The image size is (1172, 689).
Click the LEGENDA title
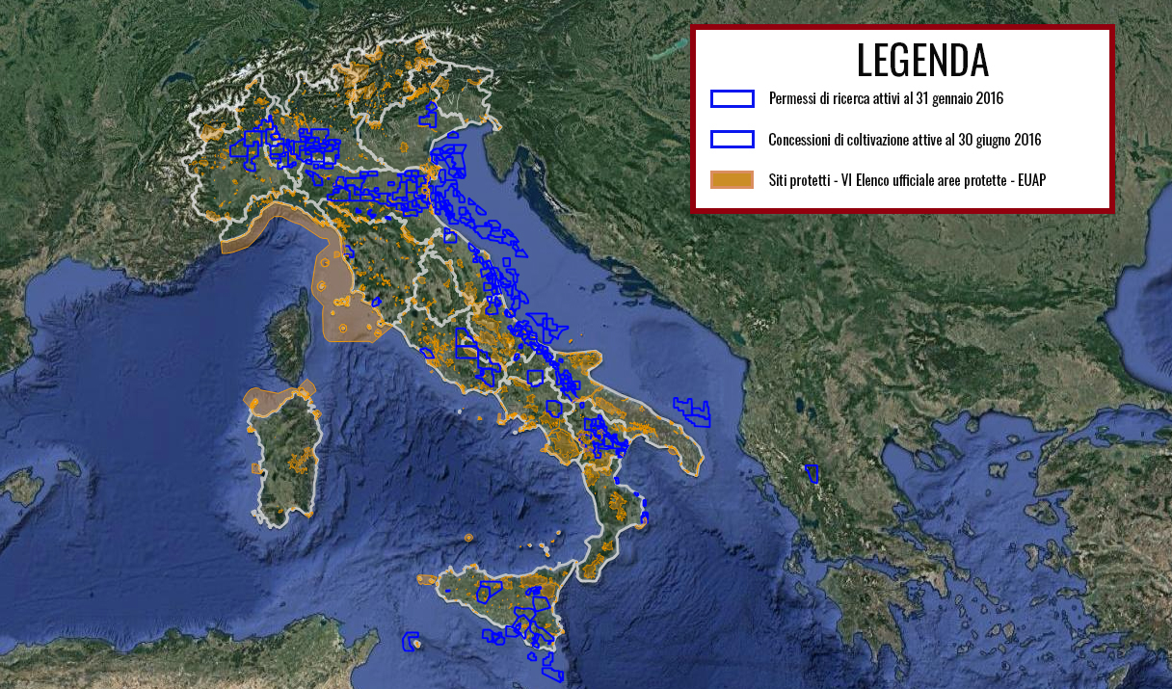click(x=922, y=60)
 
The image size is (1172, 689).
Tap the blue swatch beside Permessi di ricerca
click(x=732, y=98)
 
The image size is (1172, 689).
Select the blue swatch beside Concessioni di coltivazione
click(x=732, y=140)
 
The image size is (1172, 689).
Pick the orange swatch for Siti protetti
click(x=732, y=180)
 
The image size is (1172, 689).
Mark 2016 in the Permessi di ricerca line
click(x=990, y=98)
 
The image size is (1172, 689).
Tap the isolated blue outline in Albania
click(x=812, y=473)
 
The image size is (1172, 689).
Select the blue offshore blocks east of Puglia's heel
click(x=692, y=411)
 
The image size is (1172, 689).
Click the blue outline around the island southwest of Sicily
click(x=412, y=641)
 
